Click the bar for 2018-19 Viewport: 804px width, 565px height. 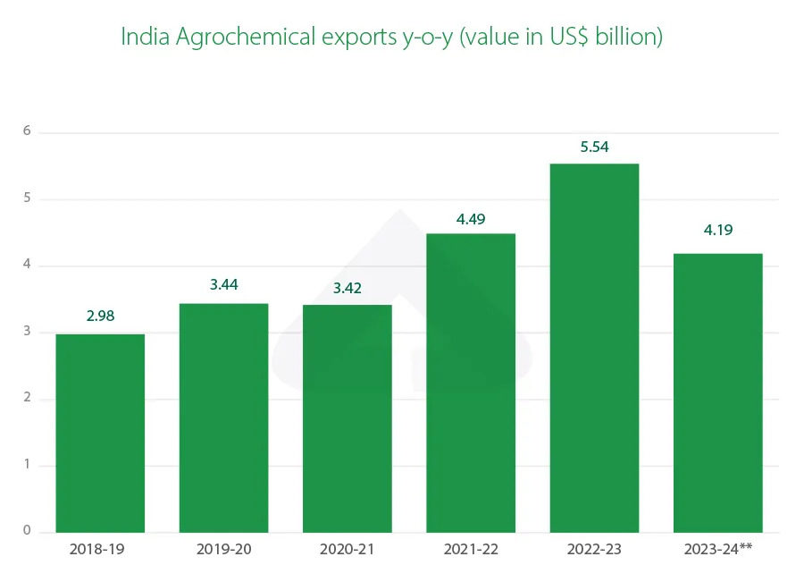pos(100,434)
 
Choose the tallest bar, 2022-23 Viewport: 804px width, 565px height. pos(594,348)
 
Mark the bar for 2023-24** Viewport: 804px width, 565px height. pos(717,393)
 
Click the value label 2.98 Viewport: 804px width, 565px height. pos(100,316)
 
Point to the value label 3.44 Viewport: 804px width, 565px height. pos(223,285)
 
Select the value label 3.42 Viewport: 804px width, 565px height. pos(347,287)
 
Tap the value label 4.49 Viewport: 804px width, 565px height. pos(471,216)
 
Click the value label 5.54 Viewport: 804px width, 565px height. pos(594,147)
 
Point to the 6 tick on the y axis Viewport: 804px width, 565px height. pos(27,131)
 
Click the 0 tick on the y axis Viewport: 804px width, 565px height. pos(27,531)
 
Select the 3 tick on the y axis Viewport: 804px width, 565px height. pos(27,332)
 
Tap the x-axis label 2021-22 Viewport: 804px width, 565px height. pos(471,548)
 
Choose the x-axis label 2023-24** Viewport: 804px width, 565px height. pos(717,548)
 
